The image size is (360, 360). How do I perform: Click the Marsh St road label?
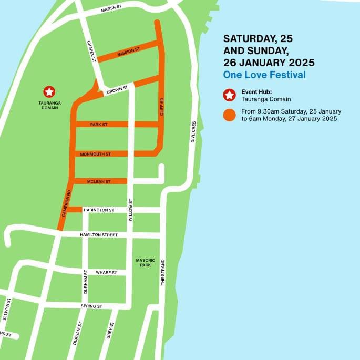[x=111, y=9]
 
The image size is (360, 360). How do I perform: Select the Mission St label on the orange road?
[x=129, y=52]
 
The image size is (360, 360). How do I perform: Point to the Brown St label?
[x=117, y=90]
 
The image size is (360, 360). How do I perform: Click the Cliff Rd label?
[x=162, y=107]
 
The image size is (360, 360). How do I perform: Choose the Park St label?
[x=99, y=125]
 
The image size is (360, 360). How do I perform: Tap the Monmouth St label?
[x=95, y=154]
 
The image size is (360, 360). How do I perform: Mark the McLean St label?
[x=99, y=181]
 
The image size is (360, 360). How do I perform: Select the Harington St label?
[x=99, y=210]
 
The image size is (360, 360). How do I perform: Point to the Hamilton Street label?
[x=99, y=235]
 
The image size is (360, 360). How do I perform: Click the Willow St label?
[x=130, y=209]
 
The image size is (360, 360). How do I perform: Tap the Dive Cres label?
[x=193, y=133]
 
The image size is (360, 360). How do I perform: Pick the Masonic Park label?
[x=143, y=262]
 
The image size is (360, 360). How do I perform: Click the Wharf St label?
[x=106, y=273]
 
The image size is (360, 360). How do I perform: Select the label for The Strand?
[x=162, y=272]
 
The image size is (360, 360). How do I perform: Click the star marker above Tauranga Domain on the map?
[x=49, y=92]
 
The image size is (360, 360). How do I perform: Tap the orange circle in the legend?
[x=229, y=115]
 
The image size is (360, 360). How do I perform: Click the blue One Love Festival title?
[x=264, y=75]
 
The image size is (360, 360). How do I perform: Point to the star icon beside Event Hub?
[x=229, y=95]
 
